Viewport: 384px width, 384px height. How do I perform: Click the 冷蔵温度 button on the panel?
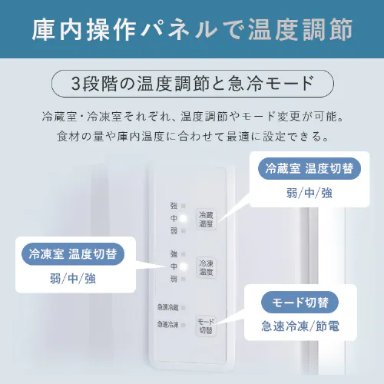click(206, 220)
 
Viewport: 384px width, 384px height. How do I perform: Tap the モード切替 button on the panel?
click(206, 326)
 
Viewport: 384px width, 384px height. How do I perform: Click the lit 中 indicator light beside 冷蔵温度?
click(183, 219)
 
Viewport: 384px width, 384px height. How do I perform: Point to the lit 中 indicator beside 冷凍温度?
click(183, 266)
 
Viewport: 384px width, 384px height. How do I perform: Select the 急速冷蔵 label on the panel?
click(167, 307)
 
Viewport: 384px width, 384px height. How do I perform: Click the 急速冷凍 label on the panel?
click(167, 325)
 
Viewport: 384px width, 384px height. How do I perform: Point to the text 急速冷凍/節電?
click(300, 326)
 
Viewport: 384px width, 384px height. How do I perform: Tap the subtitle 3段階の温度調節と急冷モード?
click(192, 83)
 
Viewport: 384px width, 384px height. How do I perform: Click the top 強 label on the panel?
click(173, 207)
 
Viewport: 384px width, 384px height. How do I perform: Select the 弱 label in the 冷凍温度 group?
click(173, 279)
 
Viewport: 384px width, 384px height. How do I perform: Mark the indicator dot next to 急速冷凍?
click(183, 325)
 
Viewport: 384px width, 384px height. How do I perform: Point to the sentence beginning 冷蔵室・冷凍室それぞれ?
click(192, 119)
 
